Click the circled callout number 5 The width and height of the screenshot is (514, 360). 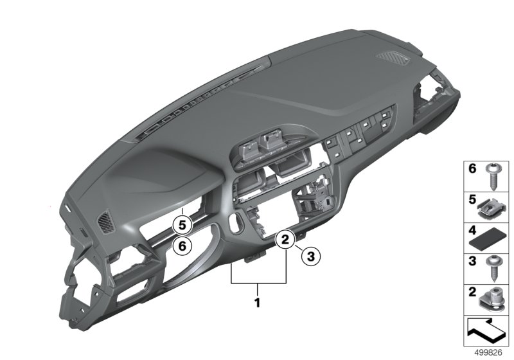[x=182, y=225]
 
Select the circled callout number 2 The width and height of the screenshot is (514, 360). [x=285, y=240]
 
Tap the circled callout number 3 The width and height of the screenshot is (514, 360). [x=310, y=256]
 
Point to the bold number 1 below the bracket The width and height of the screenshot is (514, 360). [x=258, y=303]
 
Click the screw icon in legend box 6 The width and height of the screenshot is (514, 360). [x=492, y=176]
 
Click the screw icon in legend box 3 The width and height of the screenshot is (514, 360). [x=492, y=269]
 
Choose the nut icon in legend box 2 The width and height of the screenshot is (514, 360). [x=492, y=301]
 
